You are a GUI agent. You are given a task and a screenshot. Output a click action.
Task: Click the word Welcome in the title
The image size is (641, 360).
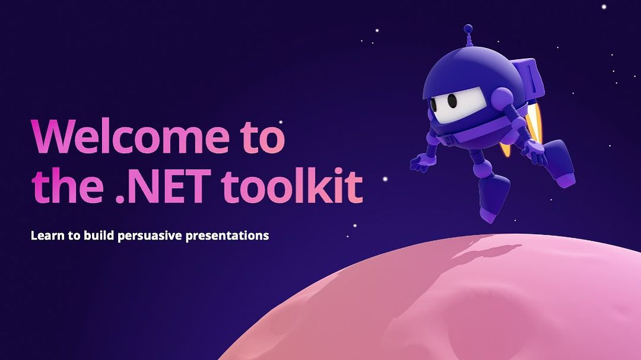[x=131, y=136]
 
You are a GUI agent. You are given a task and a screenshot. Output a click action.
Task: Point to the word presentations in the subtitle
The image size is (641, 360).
[x=227, y=236]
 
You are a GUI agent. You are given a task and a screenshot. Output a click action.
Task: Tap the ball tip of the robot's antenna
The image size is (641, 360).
[x=468, y=28]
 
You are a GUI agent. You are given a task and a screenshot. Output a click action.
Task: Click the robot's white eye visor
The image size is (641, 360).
[x=458, y=103]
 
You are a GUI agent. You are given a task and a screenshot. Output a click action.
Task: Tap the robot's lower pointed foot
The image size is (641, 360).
[x=494, y=198]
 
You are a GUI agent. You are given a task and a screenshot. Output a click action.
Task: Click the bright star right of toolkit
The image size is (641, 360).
[x=385, y=179]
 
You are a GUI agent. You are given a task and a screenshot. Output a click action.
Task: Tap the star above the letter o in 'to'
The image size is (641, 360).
[x=280, y=122]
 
